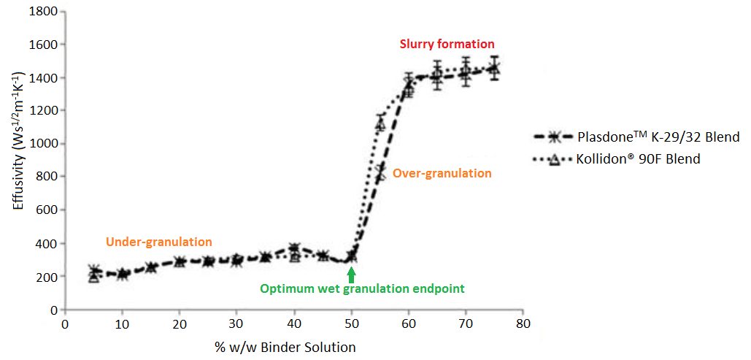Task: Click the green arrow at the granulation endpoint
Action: pyautogui.click(x=352, y=275)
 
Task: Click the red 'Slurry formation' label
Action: pyautogui.click(x=447, y=44)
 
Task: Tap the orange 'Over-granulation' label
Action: pyautogui.click(x=442, y=174)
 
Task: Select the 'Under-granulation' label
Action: pyautogui.click(x=158, y=242)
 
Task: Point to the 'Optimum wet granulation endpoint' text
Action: pyautogui.click(x=362, y=288)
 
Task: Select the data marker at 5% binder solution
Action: pyautogui.click(x=93, y=273)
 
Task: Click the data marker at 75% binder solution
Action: pyautogui.click(x=494, y=69)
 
